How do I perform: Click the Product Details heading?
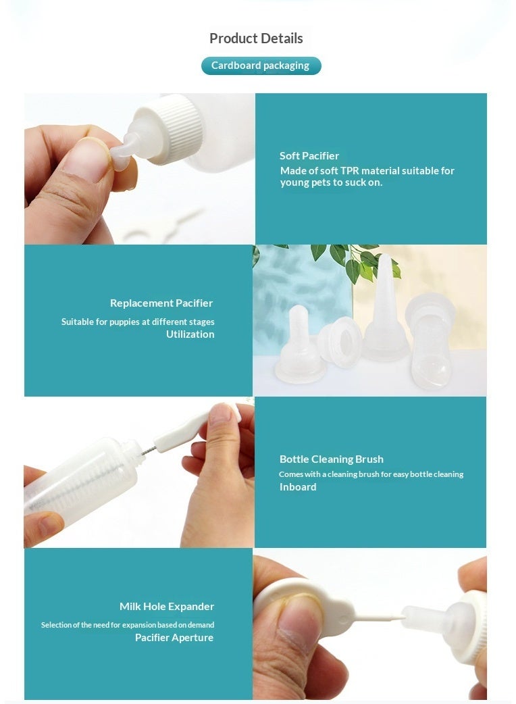tap(256, 39)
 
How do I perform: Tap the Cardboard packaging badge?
tap(261, 66)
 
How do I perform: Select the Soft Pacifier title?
tap(309, 156)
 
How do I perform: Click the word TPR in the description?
tap(350, 171)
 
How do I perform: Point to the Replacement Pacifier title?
tap(161, 303)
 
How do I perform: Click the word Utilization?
tap(190, 334)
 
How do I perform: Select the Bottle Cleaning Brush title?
tap(332, 459)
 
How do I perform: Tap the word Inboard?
tap(298, 486)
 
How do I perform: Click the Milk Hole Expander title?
tap(167, 606)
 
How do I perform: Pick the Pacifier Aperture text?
tap(174, 638)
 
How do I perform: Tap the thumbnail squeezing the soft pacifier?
tap(87, 160)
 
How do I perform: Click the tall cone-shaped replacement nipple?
tap(385, 310)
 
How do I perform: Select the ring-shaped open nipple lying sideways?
tap(340, 341)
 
